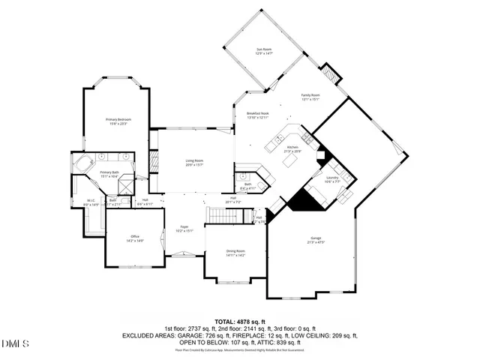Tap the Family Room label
point(310,95)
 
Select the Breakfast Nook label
point(258,113)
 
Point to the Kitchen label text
point(292,147)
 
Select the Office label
point(135,236)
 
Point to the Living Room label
point(195,160)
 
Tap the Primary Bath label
point(110,172)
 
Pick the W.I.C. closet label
point(90,200)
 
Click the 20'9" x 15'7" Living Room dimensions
point(195,164)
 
